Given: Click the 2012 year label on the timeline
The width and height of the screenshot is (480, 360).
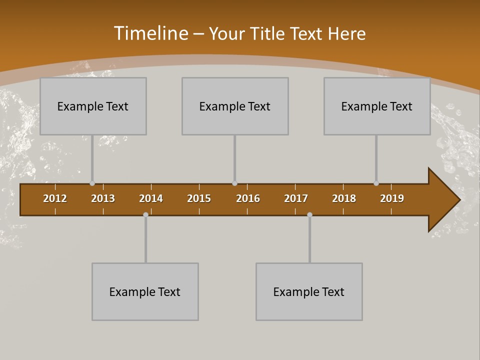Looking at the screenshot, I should click(x=55, y=198).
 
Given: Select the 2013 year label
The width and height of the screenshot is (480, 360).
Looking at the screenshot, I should click(x=103, y=198).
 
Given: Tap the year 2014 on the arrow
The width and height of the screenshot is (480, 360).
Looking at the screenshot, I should click(x=151, y=198).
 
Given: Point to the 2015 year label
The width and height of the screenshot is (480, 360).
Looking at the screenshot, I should click(x=199, y=198).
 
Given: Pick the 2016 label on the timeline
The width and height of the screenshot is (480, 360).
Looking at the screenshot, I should click(x=248, y=198).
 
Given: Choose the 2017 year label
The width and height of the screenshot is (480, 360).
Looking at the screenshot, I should click(x=296, y=198).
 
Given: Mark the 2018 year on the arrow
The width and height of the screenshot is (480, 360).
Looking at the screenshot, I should click(x=344, y=198).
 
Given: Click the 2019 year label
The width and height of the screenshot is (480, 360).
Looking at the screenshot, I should click(x=392, y=198).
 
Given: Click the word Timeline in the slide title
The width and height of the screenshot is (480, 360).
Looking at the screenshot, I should click(x=150, y=33).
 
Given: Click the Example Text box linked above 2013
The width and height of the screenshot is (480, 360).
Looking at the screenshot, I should click(x=93, y=106).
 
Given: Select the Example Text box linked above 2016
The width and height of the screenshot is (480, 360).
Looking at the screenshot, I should click(x=235, y=106).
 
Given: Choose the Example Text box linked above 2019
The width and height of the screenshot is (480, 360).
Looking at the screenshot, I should click(x=377, y=106).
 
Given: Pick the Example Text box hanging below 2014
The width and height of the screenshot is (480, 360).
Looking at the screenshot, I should click(x=145, y=291).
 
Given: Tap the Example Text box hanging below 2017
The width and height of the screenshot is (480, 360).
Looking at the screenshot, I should click(x=309, y=291).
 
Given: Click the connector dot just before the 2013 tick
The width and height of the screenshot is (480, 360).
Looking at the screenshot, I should click(x=92, y=183).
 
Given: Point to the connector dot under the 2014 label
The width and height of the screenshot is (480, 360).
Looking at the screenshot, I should click(x=145, y=214).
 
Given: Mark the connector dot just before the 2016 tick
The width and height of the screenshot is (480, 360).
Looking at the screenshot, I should click(x=234, y=183).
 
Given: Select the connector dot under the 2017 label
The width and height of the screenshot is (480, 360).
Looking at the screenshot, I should click(x=309, y=214).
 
